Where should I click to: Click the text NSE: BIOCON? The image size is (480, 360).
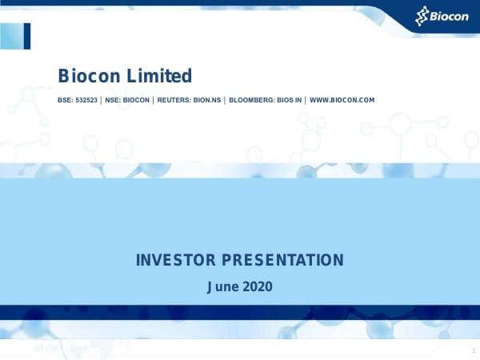tap(127, 101)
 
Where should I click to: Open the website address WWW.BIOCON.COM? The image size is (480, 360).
tap(342, 101)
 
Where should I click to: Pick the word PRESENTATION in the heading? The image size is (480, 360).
tap(282, 260)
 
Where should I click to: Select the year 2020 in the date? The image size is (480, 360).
tap(258, 285)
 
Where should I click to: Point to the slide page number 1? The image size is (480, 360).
tap(473, 352)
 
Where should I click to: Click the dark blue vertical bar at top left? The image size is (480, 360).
tap(27, 36)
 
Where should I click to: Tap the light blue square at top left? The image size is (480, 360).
tap(11, 36)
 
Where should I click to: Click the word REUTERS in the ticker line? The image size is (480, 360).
tap(174, 101)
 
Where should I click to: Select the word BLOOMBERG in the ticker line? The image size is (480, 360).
tap(250, 101)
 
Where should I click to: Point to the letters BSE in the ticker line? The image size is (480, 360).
tap(65, 101)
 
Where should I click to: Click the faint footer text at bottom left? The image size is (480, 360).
tap(60, 348)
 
